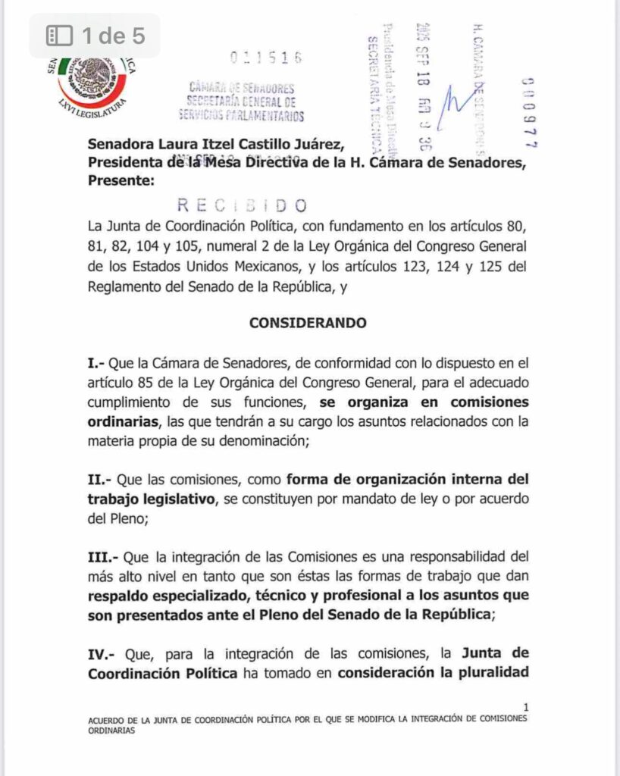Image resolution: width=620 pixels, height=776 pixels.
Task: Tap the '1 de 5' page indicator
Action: click(x=114, y=35)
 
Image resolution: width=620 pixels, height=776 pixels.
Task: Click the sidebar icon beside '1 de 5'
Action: click(x=59, y=35)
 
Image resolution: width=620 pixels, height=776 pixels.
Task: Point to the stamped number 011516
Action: click(x=265, y=58)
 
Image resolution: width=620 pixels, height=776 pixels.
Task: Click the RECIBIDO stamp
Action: click(x=242, y=205)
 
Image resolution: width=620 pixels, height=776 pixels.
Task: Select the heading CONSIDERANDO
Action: click(x=308, y=323)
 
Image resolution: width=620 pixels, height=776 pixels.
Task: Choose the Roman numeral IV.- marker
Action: click(x=105, y=653)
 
